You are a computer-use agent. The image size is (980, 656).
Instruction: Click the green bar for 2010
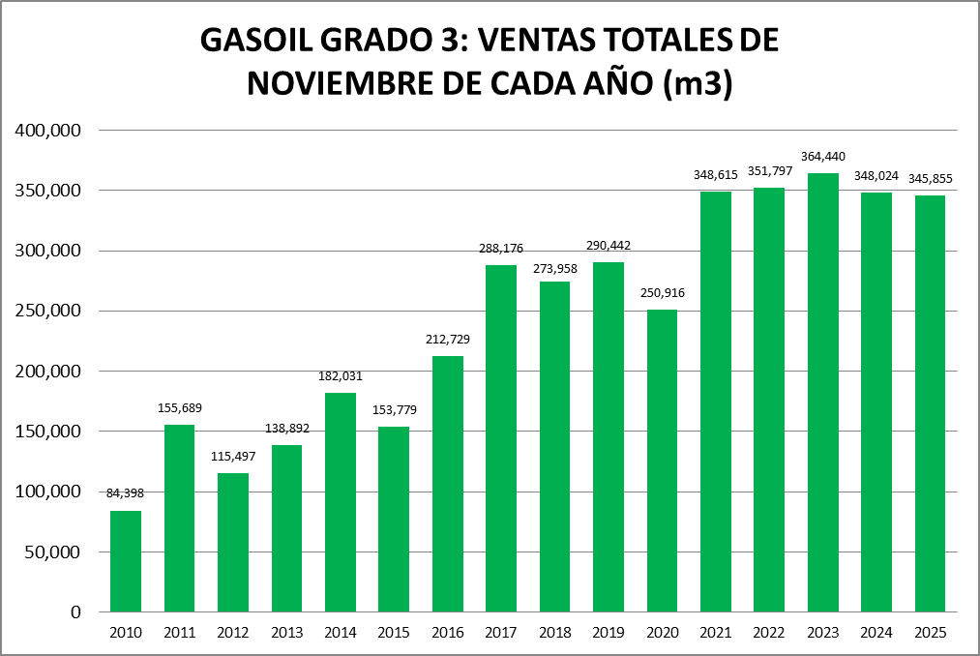click(126, 561)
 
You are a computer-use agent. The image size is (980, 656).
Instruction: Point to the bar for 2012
click(233, 542)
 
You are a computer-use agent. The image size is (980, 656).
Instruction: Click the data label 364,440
click(823, 157)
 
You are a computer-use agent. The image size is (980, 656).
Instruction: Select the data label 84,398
click(126, 493)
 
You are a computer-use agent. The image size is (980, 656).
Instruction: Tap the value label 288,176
click(501, 249)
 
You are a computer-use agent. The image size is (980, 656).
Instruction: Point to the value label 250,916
click(662, 292)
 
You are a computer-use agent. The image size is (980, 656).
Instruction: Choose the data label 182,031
click(341, 376)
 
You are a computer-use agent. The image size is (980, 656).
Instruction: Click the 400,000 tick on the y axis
click(49, 131)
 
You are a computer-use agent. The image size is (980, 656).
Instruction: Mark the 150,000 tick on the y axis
click(49, 432)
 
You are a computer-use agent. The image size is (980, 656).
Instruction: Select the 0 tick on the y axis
click(74, 612)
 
